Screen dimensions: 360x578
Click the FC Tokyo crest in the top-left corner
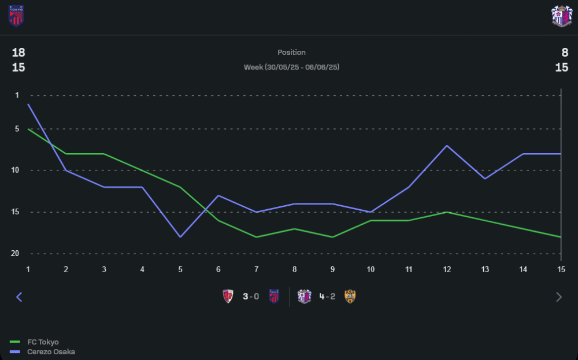(x=16, y=16)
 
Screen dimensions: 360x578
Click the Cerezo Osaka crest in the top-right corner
(x=561, y=16)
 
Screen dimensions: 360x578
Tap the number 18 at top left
(x=18, y=53)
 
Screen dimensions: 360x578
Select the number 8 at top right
(x=565, y=53)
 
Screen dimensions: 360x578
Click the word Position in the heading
(x=291, y=53)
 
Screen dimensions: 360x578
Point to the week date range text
(x=291, y=67)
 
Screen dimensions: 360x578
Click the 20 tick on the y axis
(x=15, y=254)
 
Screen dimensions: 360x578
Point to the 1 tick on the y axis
(x=17, y=95)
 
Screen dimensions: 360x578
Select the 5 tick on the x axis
(x=180, y=269)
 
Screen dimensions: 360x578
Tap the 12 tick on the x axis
(x=446, y=269)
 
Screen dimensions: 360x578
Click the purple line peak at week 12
(x=446, y=146)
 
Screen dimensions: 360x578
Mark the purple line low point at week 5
(x=180, y=237)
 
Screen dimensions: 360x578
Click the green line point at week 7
(x=256, y=237)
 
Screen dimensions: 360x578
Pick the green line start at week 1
(x=28, y=129)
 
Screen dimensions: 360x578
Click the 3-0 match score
(x=251, y=297)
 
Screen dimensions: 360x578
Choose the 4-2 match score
(x=327, y=297)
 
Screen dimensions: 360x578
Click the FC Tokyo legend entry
(x=43, y=342)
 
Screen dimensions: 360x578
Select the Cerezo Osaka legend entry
(x=51, y=352)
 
